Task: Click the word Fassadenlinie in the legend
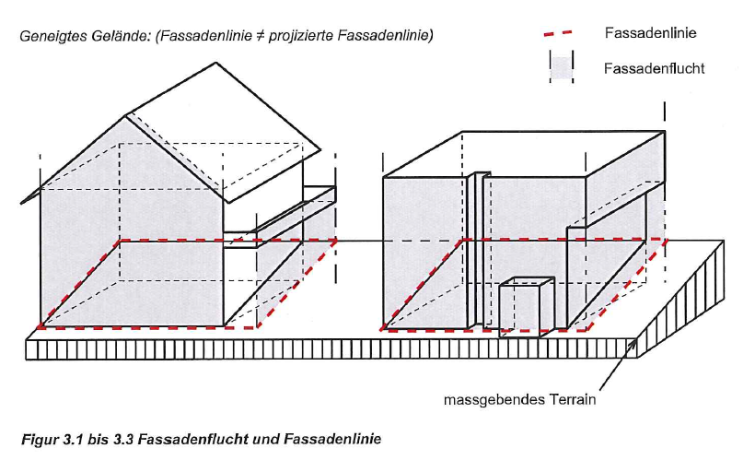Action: pyautogui.click(x=649, y=32)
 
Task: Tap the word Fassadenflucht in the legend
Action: pyautogui.click(x=655, y=68)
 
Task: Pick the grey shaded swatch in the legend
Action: pyautogui.click(x=562, y=66)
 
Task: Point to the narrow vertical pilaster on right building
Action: pyautogui.click(x=478, y=249)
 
